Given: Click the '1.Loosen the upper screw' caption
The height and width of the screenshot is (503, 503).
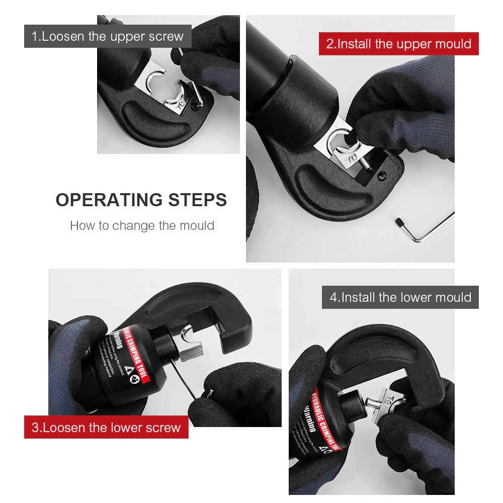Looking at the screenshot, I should click(x=108, y=36).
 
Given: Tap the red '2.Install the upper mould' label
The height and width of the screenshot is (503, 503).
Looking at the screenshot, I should click(x=398, y=44).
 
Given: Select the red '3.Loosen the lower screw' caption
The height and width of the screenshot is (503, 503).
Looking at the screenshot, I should click(x=106, y=428).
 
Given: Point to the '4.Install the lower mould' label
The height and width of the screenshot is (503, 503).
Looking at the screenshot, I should click(x=400, y=297).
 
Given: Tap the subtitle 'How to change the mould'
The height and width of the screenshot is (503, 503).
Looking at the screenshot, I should click(x=142, y=225).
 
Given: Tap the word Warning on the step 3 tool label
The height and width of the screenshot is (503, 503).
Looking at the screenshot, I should click(x=114, y=342).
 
